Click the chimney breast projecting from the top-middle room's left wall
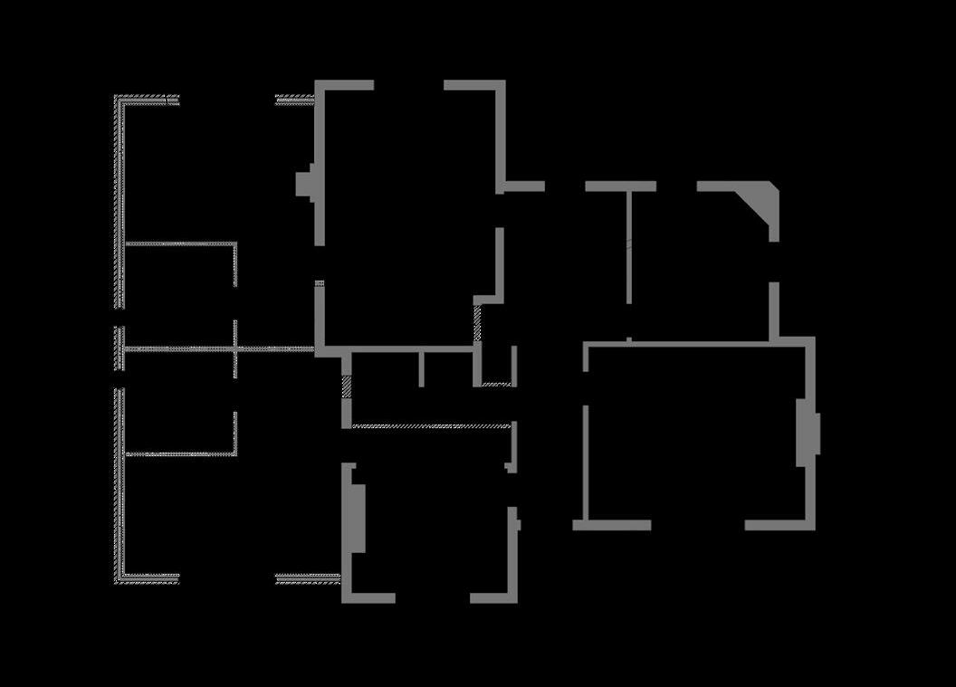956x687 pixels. [x=306, y=185]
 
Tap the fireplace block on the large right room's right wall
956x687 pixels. [x=809, y=433]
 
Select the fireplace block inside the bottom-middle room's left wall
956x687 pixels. [x=358, y=518]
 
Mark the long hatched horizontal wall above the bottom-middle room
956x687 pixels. [x=431, y=425]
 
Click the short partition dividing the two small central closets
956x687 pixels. [x=421, y=368]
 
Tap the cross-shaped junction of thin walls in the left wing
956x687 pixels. [x=235, y=348]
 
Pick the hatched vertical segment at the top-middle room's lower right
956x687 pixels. [x=477, y=323]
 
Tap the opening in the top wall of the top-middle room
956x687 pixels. [x=408, y=85]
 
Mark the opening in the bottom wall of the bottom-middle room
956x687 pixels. [x=432, y=597]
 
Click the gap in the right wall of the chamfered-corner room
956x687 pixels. [x=774, y=262]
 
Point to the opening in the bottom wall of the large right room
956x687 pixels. [x=697, y=525]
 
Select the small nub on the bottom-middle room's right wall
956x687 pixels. [x=517, y=522]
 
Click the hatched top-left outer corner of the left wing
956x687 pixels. [x=119, y=100]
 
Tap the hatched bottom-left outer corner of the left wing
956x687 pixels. [x=119, y=577]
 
